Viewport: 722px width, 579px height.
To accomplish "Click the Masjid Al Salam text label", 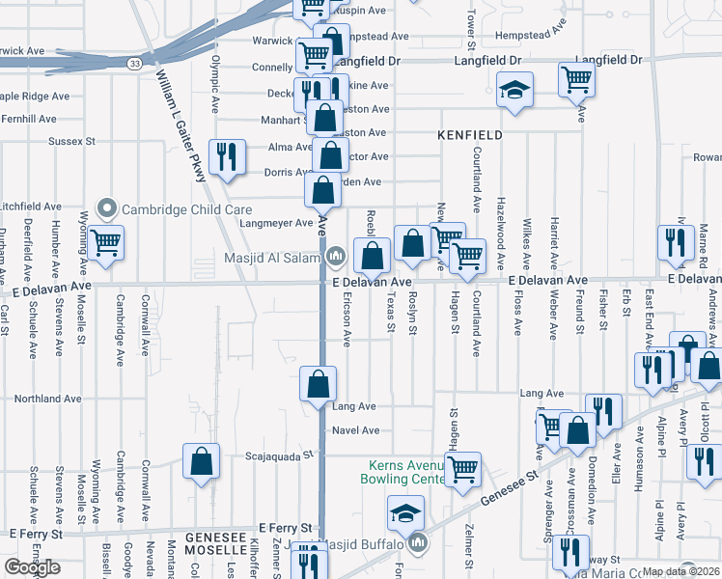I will pos(271,256).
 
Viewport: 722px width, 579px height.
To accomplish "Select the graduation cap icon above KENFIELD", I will pos(515,91).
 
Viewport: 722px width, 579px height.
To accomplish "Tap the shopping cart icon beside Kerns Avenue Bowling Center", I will pos(463,469).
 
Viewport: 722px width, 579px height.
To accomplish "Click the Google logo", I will pos(32,567).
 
